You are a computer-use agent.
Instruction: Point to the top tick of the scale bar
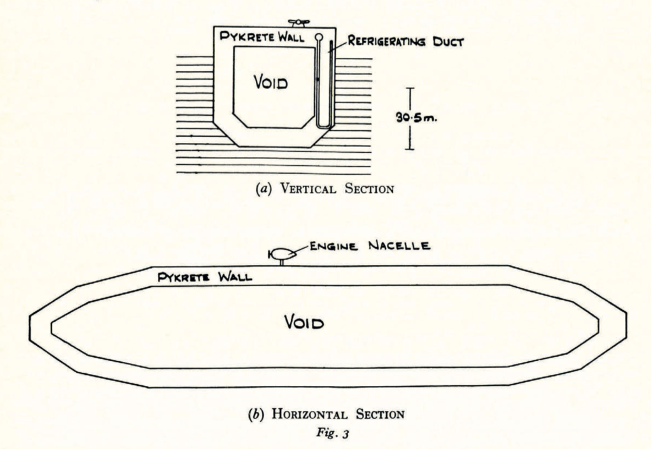point(410,88)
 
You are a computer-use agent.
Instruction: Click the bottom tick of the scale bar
point(410,149)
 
